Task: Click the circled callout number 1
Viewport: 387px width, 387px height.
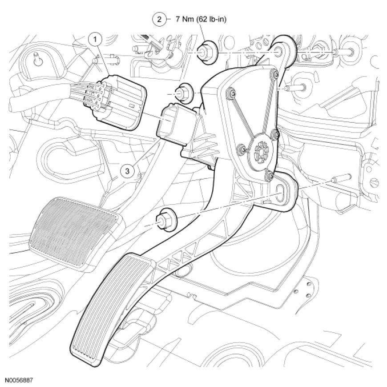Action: tap(95, 40)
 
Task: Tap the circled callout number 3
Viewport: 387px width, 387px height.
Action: tap(127, 170)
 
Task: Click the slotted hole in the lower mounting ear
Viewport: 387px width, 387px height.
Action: tap(282, 192)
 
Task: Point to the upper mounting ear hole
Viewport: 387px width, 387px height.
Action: tap(281, 52)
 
